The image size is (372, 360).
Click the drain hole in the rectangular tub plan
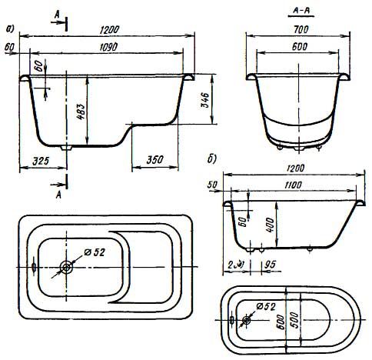[68, 266]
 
